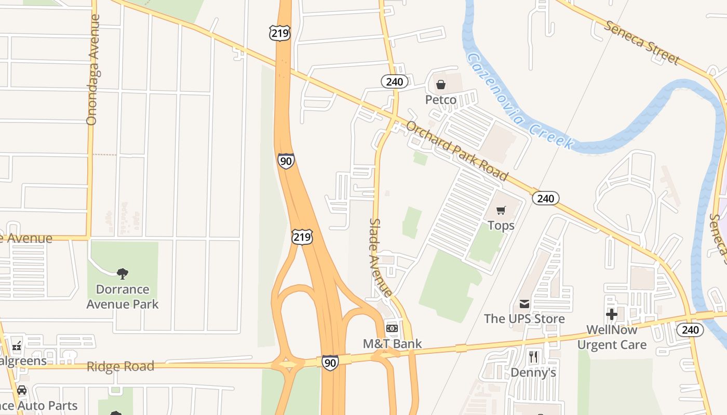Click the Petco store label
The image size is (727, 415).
(441, 100)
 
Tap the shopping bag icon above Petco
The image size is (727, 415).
(441, 85)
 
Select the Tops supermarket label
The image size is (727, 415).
(501, 225)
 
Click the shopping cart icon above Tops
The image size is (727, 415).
(501, 210)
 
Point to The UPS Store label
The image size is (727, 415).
(524, 318)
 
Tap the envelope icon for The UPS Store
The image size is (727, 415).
(524, 303)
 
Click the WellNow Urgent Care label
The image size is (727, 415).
(612, 337)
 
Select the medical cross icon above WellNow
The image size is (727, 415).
(612, 314)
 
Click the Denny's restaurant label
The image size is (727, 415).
(533, 372)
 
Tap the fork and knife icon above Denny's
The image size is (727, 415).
(533, 357)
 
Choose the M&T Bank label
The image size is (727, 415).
(392, 343)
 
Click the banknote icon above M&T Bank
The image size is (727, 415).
(392, 328)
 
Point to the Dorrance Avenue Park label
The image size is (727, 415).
(123, 296)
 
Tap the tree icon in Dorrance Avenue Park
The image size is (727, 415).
(123, 273)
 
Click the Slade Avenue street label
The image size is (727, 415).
(380, 258)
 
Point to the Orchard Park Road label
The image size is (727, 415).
(456, 150)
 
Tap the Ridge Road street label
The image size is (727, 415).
(120, 366)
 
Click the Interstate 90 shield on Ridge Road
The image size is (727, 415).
(330, 363)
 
